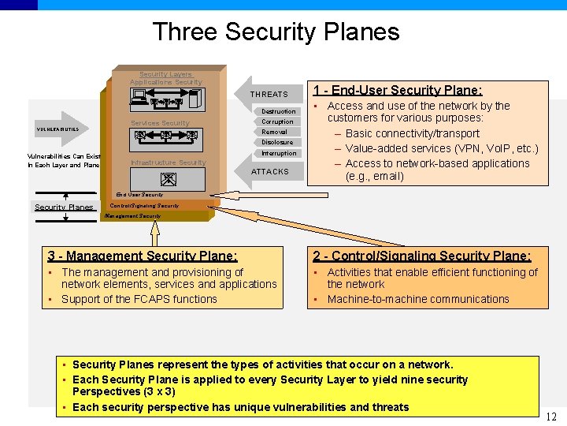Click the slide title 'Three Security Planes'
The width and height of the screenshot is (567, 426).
click(x=276, y=32)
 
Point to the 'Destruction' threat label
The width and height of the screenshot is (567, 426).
click(x=279, y=111)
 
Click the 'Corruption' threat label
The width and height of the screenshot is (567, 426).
click(x=278, y=121)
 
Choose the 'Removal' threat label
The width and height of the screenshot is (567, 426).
click(x=275, y=132)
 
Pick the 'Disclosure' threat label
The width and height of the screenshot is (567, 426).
click(x=278, y=143)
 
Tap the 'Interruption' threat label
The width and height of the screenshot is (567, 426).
click(x=279, y=153)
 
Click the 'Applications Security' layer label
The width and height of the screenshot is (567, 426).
click(x=166, y=82)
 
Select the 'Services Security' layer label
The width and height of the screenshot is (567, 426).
click(x=160, y=123)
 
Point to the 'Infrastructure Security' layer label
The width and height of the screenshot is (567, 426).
click(x=168, y=163)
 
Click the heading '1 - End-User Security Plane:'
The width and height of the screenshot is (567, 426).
click(x=398, y=91)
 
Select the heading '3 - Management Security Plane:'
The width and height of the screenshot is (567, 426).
click(x=143, y=256)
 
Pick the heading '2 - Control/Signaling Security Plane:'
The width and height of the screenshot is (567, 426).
click(x=422, y=256)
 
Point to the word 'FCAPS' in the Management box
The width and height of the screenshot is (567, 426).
click(x=146, y=299)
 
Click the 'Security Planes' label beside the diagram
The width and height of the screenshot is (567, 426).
click(x=64, y=207)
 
